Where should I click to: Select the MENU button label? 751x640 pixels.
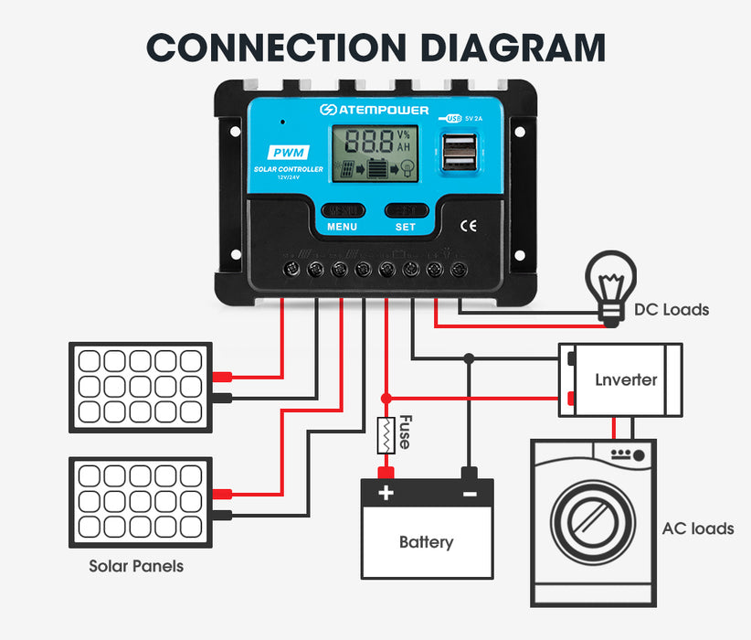pos(342,227)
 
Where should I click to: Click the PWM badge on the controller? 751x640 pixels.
pos(288,153)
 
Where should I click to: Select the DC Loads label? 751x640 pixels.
pos(672,310)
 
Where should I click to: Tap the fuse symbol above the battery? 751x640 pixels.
pos(386,435)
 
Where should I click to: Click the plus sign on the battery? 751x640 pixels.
pos(386,494)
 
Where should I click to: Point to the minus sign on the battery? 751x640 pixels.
pos(469,494)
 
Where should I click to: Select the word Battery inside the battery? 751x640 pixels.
pos(426,542)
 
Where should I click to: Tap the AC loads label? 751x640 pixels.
pos(697,528)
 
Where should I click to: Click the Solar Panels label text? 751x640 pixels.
pos(136,566)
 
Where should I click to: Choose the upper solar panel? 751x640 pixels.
pos(141,387)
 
